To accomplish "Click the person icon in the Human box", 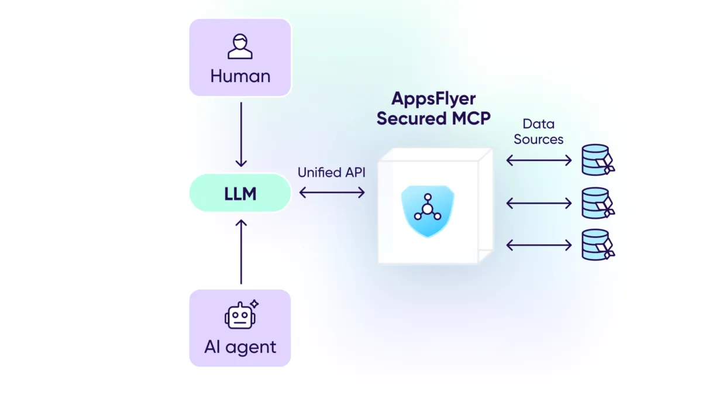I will coord(240,47).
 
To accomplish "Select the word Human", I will coord(240,76).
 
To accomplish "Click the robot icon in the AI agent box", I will coord(239,316).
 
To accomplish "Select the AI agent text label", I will coord(240,347).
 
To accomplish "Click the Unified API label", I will coord(331,173).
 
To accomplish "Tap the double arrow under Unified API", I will coord(332,193).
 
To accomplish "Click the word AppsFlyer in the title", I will coord(433,98).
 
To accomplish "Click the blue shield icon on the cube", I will coord(428,211).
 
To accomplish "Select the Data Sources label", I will coord(538,132).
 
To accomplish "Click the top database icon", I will coord(597,160).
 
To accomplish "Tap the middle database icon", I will coord(597,202).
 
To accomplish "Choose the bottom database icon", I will coord(597,245).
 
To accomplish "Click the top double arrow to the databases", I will coord(538,160).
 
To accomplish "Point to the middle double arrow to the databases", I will coord(538,203).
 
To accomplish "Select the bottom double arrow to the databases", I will coord(538,245).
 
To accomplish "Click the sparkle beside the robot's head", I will coord(254,304).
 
